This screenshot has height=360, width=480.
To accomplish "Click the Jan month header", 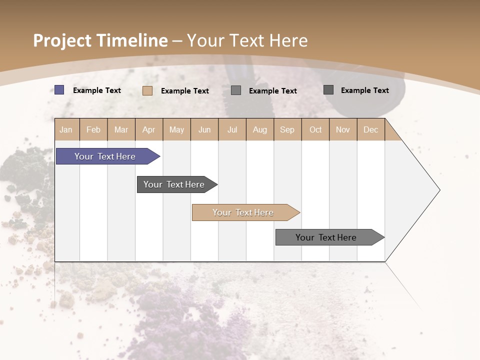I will pos(66,129).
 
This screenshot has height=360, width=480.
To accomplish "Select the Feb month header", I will pos(93,129).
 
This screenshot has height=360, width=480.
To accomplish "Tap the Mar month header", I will pos(121,129).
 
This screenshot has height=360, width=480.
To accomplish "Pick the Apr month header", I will pos(149,129).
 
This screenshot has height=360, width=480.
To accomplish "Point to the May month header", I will pos(176,129).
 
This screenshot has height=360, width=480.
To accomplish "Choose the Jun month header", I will pos(204,129).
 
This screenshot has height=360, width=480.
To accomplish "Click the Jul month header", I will pos(232,129).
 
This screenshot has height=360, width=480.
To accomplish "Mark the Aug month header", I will pos(260,129).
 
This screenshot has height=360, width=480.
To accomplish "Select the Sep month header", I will pos(287,129).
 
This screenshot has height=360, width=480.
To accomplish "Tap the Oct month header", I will pos(315,129).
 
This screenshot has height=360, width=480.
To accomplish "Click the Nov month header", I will pos(343,129).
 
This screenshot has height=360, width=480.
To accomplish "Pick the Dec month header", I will pos(371,129).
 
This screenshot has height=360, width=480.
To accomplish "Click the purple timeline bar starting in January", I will pos(105,156).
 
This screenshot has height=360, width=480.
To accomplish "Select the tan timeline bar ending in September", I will pos(243,212).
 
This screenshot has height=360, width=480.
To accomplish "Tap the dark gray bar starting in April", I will pos(174,184).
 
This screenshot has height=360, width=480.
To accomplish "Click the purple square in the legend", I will pos(59,90).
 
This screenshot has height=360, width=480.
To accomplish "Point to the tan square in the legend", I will pos(147,90).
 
